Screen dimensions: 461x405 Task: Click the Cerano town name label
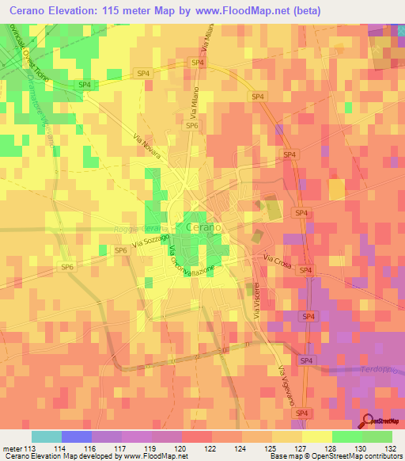pyautogui.click(x=203, y=227)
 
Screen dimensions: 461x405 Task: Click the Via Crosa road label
pyautogui.click(x=278, y=261)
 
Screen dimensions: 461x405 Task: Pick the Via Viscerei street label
pyautogui.click(x=255, y=302)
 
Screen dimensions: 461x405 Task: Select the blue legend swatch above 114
pyautogui.click(x=77, y=436)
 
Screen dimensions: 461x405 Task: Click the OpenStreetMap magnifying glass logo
pyautogui.click(x=367, y=421)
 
